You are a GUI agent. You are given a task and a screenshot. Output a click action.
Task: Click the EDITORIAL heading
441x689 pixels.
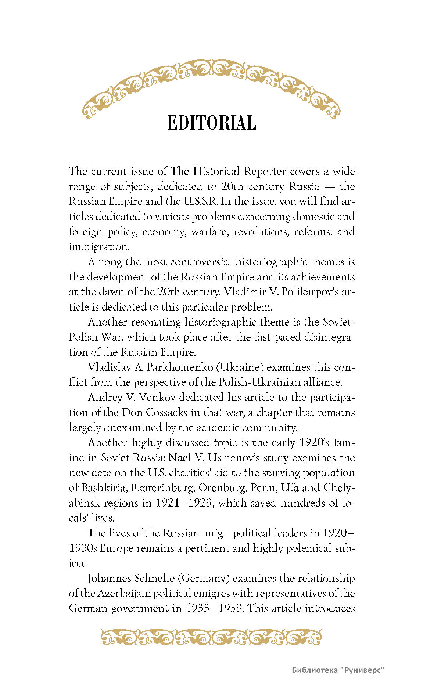pos(212,123)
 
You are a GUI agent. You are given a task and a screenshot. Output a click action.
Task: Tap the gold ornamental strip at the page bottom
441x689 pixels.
pos(211,637)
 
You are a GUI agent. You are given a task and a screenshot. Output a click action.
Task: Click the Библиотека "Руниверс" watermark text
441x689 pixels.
pos(338,670)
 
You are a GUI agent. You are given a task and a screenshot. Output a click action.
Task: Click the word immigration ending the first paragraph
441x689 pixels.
pos(99,247)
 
